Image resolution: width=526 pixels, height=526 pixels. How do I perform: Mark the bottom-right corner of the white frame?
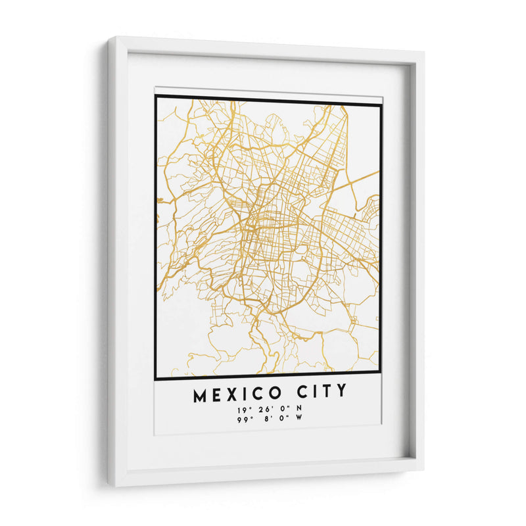tap(423, 468)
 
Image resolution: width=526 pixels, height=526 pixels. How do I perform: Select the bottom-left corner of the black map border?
tap(155, 379)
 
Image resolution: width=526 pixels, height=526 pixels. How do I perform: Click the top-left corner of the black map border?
tap(156, 97)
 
